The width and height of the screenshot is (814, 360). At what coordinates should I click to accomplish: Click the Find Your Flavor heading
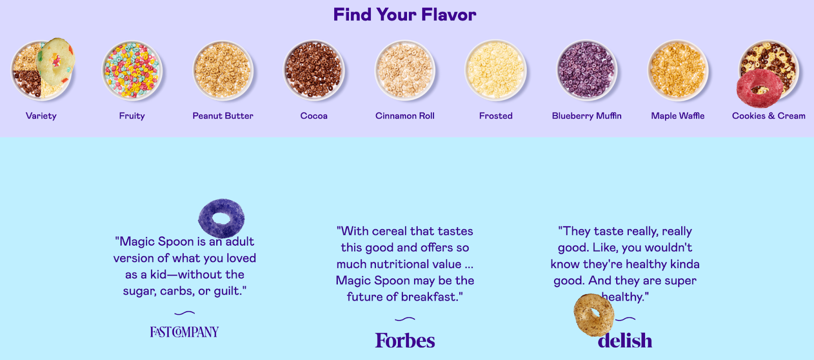tap(404, 15)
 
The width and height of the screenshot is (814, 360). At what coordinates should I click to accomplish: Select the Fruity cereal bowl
tap(132, 70)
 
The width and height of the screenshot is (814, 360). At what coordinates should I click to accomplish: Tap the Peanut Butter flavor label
tap(223, 116)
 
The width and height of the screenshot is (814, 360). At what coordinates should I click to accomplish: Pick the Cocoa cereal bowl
tap(313, 70)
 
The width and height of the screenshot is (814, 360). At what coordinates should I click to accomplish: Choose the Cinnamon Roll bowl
tap(404, 70)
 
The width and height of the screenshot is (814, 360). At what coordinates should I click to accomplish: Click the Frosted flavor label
tap(496, 116)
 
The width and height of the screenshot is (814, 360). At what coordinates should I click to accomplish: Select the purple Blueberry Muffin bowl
tap(586, 70)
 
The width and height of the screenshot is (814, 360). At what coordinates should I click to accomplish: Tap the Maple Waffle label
tap(678, 116)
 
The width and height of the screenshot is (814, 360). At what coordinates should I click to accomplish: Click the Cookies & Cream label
tap(768, 116)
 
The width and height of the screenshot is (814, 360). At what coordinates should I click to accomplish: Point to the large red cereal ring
tap(758, 88)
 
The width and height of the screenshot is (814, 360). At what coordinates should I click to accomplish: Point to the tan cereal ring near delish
tap(594, 315)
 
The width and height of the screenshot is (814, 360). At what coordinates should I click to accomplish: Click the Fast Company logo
tap(184, 332)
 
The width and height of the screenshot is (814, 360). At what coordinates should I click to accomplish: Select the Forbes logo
tap(405, 341)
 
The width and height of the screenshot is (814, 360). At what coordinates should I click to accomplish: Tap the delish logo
tap(625, 341)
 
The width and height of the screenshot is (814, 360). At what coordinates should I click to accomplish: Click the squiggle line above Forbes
tap(405, 319)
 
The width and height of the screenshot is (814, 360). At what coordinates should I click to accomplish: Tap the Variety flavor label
tap(41, 116)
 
